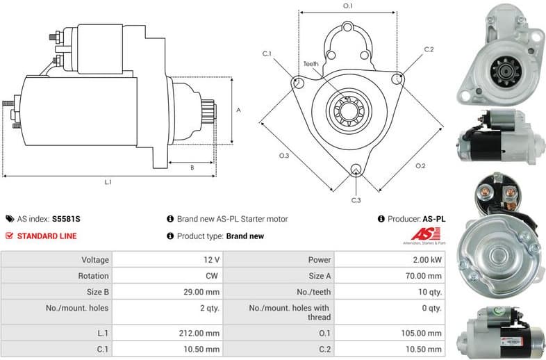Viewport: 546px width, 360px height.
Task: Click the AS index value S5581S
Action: click(x=67, y=219)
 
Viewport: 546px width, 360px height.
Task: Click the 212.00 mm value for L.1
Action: click(x=201, y=333)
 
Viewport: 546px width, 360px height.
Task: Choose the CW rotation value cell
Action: click(x=212, y=275)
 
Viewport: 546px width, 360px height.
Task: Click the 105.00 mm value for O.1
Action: click(x=422, y=333)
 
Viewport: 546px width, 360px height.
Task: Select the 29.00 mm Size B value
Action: click(x=203, y=292)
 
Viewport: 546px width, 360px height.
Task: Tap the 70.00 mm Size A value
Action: click(x=424, y=275)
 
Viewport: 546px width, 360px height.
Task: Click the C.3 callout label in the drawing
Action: click(x=356, y=200)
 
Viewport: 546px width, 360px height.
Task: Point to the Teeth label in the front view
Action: click(x=311, y=64)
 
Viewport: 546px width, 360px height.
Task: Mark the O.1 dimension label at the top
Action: click(x=348, y=6)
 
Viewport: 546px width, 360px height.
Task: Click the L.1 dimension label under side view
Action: click(x=108, y=182)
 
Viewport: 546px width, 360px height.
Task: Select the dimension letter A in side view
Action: click(x=238, y=110)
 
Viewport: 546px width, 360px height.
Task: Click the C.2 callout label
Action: click(x=429, y=49)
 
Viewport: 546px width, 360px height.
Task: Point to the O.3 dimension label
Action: click(x=283, y=156)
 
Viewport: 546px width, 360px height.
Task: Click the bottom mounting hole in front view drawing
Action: click(x=356, y=169)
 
